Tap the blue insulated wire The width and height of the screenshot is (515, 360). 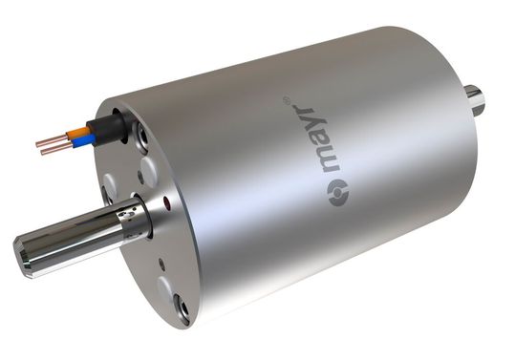point(80,140)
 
